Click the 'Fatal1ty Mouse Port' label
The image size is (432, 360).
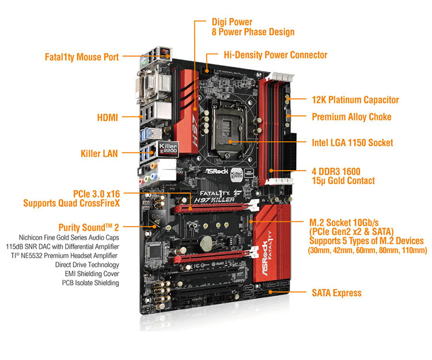click(82, 57)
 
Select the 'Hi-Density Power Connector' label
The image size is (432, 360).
click(275, 55)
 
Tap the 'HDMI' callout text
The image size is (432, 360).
click(108, 118)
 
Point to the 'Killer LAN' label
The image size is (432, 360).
click(99, 153)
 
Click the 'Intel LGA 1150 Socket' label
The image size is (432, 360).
click(352, 143)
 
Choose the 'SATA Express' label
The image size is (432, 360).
click(336, 293)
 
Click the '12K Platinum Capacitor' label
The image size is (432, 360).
click(355, 100)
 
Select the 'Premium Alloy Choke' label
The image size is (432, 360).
click(351, 117)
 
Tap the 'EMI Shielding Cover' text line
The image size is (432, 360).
click(92, 274)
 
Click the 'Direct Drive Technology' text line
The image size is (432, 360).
click(87, 265)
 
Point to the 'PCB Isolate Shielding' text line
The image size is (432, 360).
click(90, 283)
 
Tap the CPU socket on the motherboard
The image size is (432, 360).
click(228, 130)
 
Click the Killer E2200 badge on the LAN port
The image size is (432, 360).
click(168, 149)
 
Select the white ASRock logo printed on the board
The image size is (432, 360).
click(217, 171)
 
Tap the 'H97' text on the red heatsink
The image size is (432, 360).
click(195, 130)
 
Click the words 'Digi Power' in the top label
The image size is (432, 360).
click(232, 22)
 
